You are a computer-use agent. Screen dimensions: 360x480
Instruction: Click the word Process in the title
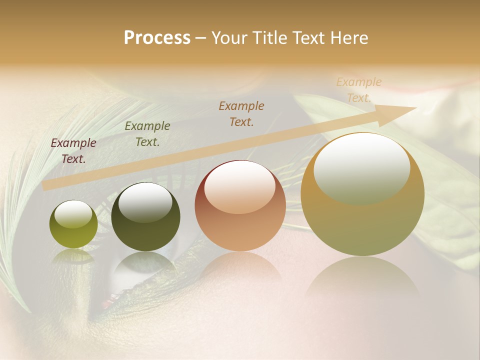point(157,38)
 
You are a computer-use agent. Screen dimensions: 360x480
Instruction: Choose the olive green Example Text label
point(147,134)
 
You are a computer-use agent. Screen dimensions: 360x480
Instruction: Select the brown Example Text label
point(241,113)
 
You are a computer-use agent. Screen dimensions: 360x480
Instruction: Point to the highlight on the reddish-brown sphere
point(239,186)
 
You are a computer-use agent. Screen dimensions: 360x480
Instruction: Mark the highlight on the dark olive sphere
point(145,202)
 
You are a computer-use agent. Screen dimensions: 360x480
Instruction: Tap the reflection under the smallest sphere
point(73,256)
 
